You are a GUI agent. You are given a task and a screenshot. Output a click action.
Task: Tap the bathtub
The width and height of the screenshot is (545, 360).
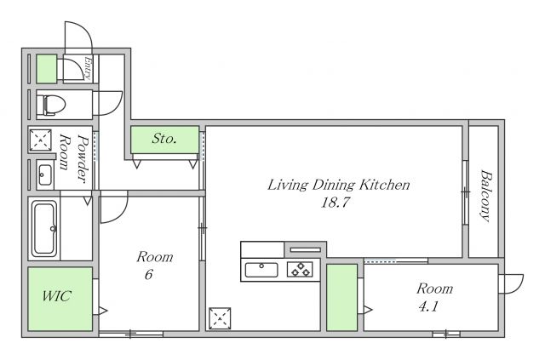44,229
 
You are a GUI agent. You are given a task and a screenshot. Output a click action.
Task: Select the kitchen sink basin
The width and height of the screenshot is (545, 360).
261,270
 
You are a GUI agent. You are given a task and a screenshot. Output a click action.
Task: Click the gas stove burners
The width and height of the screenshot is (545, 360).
300,269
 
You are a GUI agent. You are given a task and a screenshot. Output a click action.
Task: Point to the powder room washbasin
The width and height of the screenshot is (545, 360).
45,174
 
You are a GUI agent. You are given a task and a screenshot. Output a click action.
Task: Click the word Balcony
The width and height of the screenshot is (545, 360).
486,195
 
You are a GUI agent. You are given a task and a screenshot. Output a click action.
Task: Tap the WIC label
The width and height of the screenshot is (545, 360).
57,296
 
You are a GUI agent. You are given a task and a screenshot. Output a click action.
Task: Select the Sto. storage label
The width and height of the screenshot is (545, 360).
164,139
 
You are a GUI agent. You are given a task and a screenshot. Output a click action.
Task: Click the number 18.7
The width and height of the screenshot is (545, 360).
335,203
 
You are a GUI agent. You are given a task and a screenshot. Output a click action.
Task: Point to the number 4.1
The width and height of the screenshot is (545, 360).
428,306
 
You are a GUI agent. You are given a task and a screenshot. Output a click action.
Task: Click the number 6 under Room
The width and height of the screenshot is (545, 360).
149,275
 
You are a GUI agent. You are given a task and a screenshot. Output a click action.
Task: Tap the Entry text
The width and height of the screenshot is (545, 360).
88,68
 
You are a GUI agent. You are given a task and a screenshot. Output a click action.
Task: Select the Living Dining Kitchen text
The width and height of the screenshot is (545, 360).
339,185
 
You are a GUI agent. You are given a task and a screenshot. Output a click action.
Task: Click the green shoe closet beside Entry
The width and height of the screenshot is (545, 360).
47,69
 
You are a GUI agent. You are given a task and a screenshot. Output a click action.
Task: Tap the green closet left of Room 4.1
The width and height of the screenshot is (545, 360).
342,298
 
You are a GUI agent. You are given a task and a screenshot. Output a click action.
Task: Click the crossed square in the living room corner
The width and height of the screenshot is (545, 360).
220,317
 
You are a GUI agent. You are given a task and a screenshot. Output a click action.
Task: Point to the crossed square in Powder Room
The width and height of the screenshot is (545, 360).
40,140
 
